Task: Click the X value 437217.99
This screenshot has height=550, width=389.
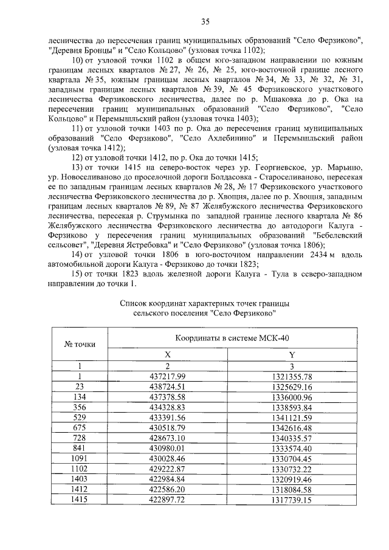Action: [x=167, y=377]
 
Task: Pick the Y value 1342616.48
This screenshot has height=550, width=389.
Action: [x=292, y=429]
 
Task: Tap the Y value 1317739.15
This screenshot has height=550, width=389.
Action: [x=292, y=500]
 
